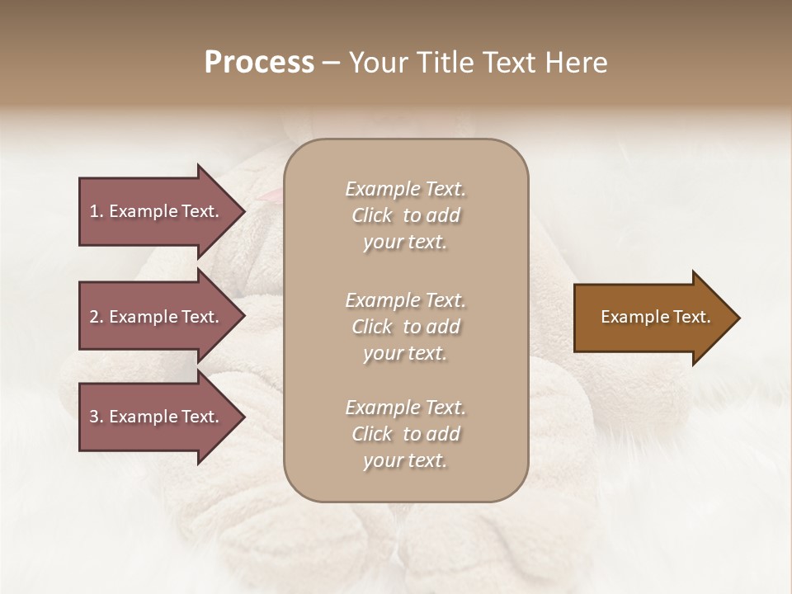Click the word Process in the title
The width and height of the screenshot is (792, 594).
click(x=259, y=63)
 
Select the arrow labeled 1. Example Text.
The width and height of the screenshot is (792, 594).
click(x=155, y=211)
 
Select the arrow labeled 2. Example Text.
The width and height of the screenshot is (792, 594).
click(x=155, y=317)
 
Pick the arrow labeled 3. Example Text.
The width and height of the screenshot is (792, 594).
click(x=155, y=417)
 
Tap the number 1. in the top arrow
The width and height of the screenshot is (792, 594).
click(x=97, y=211)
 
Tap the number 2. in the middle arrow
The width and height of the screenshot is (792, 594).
click(x=97, y=317)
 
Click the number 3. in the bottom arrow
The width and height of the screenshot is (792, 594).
click(x=97, y=417)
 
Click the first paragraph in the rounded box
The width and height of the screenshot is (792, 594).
click(x=405, y=215)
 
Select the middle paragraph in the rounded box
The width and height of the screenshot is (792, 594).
click(x=405, y=327)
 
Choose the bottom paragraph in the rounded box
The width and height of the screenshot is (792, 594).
click(x=405, y=434)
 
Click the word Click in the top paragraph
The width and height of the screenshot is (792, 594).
click(x=372, y=215)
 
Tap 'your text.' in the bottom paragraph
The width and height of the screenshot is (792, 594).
click(x=405, y=460)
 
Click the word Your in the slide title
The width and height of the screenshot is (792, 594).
click(x=375, y=63)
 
